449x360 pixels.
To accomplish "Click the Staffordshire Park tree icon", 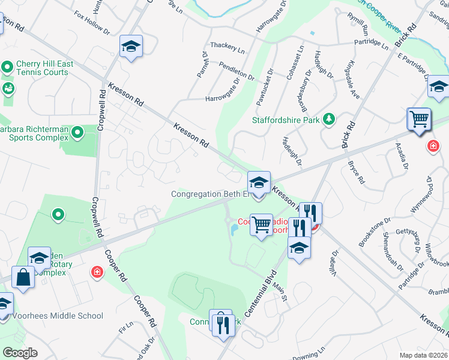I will [x=328, y=119].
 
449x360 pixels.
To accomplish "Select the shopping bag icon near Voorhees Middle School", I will [x=23, y=278].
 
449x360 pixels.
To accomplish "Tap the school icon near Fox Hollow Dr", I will [x=131, y=46].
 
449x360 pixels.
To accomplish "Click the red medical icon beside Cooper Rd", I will [x=97, y=273].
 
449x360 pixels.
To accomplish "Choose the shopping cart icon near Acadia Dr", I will [x=418, y=118].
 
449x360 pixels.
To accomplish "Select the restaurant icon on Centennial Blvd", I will [x=223, y=324].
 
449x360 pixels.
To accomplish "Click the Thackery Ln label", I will [x=228, y=47].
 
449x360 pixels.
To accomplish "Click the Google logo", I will [x=20, y=353].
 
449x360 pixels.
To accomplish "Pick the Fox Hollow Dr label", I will [x=92, y=23].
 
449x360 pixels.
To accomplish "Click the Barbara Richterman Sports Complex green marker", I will [x=77, y=132].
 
